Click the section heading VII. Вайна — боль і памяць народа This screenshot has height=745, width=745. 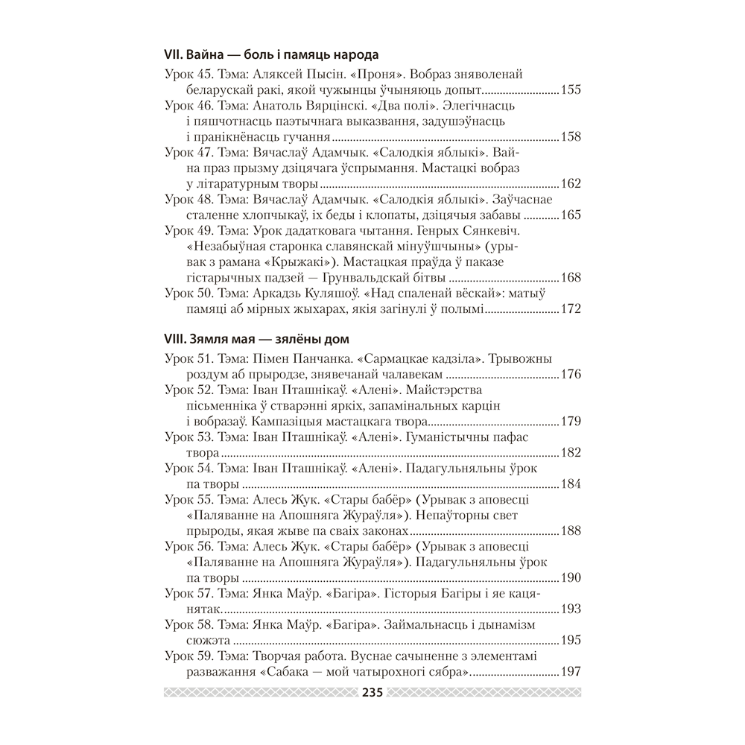tap(271, 55)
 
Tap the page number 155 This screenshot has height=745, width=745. tap(570, 90)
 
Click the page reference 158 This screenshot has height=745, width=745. tap(570, 137)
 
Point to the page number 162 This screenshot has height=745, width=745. tap(570, 184)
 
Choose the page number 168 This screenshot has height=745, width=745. tap(570, 278)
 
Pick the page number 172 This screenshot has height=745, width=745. tap(570, 309)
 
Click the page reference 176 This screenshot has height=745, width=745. tap(570, 375)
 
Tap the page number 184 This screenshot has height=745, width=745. tap(570, 484)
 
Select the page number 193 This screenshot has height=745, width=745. tap(570, 609)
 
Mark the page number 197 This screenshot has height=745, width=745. tap(570, 672)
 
